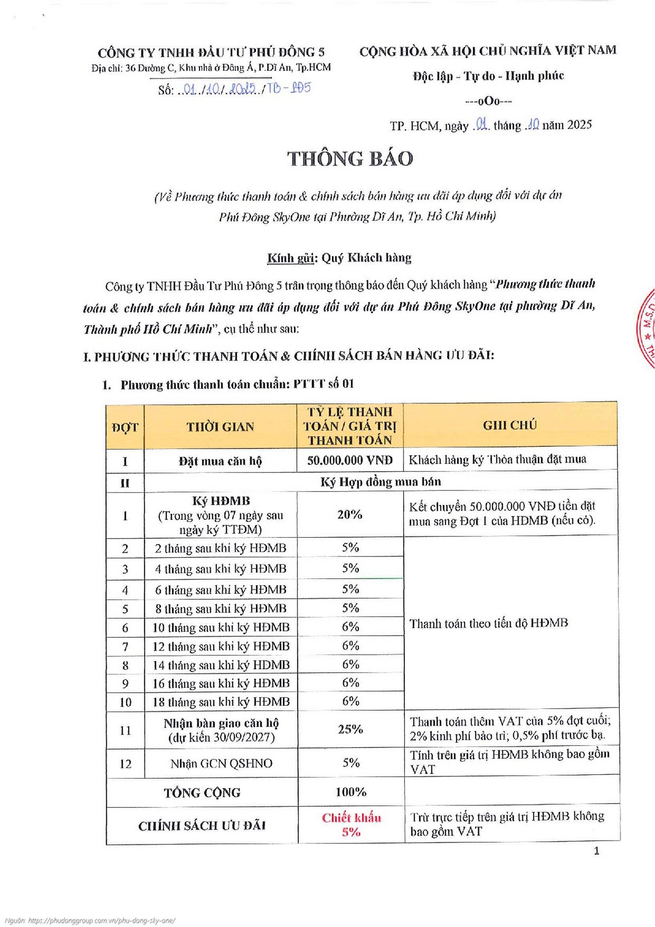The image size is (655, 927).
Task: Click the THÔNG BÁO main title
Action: click(x=350, y=159)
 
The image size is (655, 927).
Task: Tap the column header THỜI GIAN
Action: click(x=220, y=427)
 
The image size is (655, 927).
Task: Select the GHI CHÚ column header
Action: click(x=510, y=425)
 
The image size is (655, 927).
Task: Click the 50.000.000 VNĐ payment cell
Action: click(x=350, y=460)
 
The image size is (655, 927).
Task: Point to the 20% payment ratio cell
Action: click(x=350, y=514)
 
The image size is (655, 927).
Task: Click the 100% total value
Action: click(x=351, y=792)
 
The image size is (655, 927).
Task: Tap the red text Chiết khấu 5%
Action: click(x=351, y=825)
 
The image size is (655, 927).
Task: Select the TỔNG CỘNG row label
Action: click(x=202, y=793)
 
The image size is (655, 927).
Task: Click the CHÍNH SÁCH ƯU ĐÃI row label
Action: click(x=202, y=826)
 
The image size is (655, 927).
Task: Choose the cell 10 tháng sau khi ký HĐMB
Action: click(x=221, y=627)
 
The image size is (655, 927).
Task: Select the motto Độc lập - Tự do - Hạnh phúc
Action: click(x=488, y=76)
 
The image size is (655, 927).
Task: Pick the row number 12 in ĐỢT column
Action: click(x=125, y=764)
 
